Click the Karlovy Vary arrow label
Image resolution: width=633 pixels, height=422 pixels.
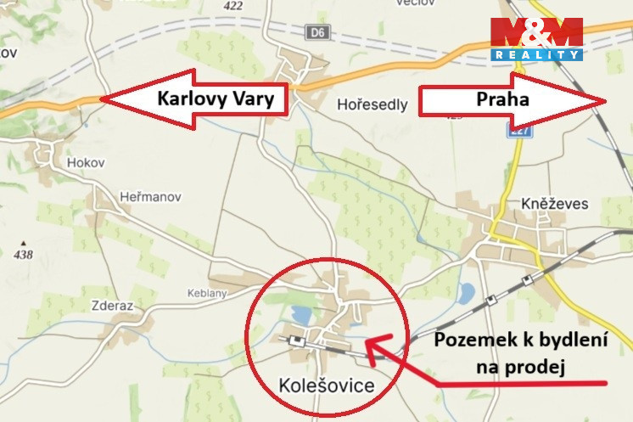[x=216, y=99]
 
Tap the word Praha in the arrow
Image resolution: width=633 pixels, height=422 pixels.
[x=502, y=99]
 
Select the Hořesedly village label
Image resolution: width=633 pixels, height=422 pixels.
[x=372, y=106]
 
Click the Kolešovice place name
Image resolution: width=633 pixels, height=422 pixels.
[x=326, y=386]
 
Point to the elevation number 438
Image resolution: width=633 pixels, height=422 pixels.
[x=23, y=254]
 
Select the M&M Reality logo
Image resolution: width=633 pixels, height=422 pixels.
[x=536, y=38]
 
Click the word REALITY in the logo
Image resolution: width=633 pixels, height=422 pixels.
[x=536, y=54]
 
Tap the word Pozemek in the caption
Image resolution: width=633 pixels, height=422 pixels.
[x=471, y=340]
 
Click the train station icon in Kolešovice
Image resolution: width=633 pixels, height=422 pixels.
[x=297, y=340]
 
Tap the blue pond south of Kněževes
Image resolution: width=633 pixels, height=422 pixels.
[x=466, y=295]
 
